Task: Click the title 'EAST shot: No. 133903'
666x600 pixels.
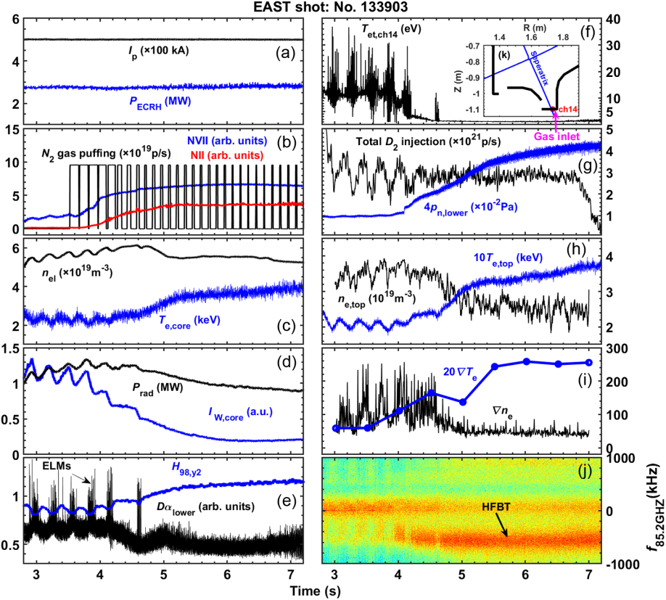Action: (333, 8)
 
